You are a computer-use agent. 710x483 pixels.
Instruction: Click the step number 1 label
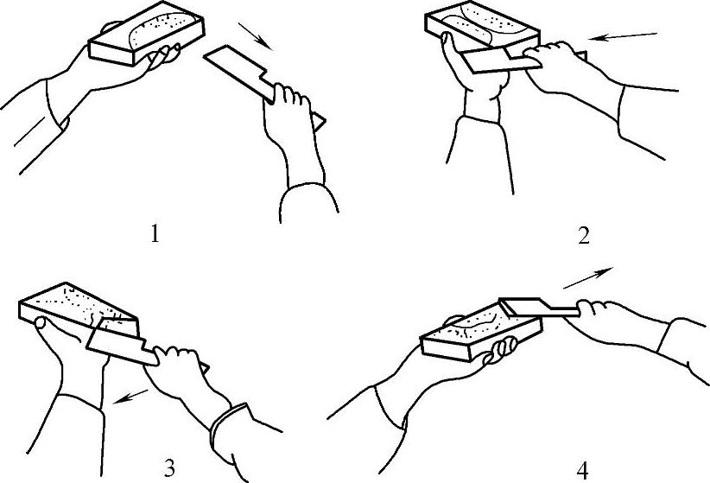[x=155, y=235]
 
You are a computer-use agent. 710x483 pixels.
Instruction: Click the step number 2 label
[x=584, y=236]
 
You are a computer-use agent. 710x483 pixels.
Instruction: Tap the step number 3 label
[x=169, y=468]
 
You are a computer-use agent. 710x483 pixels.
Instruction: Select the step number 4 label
[x=583, y=471]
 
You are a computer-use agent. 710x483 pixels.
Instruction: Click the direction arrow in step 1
[x=256, y=36]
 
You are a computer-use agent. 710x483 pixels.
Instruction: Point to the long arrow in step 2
[x=625, y=36]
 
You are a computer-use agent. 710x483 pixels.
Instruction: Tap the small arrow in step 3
[x=130, y=396]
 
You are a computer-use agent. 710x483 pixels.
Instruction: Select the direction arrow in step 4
[x=587, y=277]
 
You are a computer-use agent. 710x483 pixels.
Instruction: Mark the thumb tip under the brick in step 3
[x=41, y=323]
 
